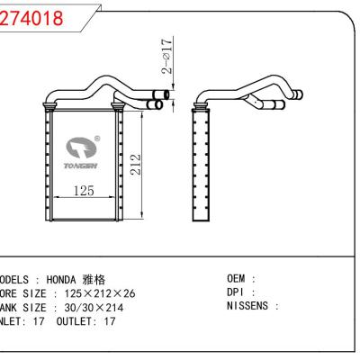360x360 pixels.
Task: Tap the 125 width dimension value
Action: click(84, 191)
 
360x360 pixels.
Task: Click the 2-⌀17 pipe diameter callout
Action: click(168, 57)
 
